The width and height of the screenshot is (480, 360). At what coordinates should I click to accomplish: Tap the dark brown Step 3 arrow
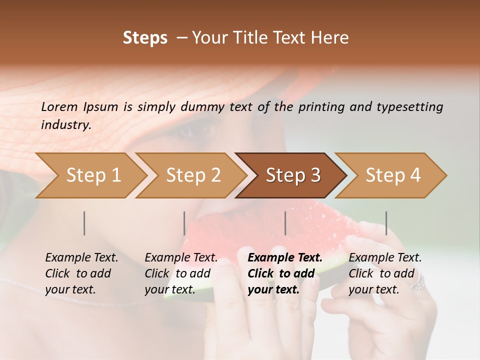293,175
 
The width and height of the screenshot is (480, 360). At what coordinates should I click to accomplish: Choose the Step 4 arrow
393,175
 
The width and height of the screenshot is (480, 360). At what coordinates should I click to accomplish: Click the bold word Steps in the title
145,38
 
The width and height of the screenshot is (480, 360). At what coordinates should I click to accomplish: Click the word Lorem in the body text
59,106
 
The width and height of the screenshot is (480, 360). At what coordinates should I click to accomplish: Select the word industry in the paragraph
65,124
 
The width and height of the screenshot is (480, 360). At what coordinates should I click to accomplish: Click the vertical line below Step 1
84,223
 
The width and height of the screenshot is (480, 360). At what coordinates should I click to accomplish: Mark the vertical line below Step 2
184,223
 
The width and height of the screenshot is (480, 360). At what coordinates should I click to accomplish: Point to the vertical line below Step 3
285,223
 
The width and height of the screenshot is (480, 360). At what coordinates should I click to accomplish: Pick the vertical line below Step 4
386,223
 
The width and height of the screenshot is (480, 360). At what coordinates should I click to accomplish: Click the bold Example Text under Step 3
285,258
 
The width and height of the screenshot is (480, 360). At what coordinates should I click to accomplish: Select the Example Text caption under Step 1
81,258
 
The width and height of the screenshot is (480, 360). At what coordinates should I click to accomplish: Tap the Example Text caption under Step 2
181,258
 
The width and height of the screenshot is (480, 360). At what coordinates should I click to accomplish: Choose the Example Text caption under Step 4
385,258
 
